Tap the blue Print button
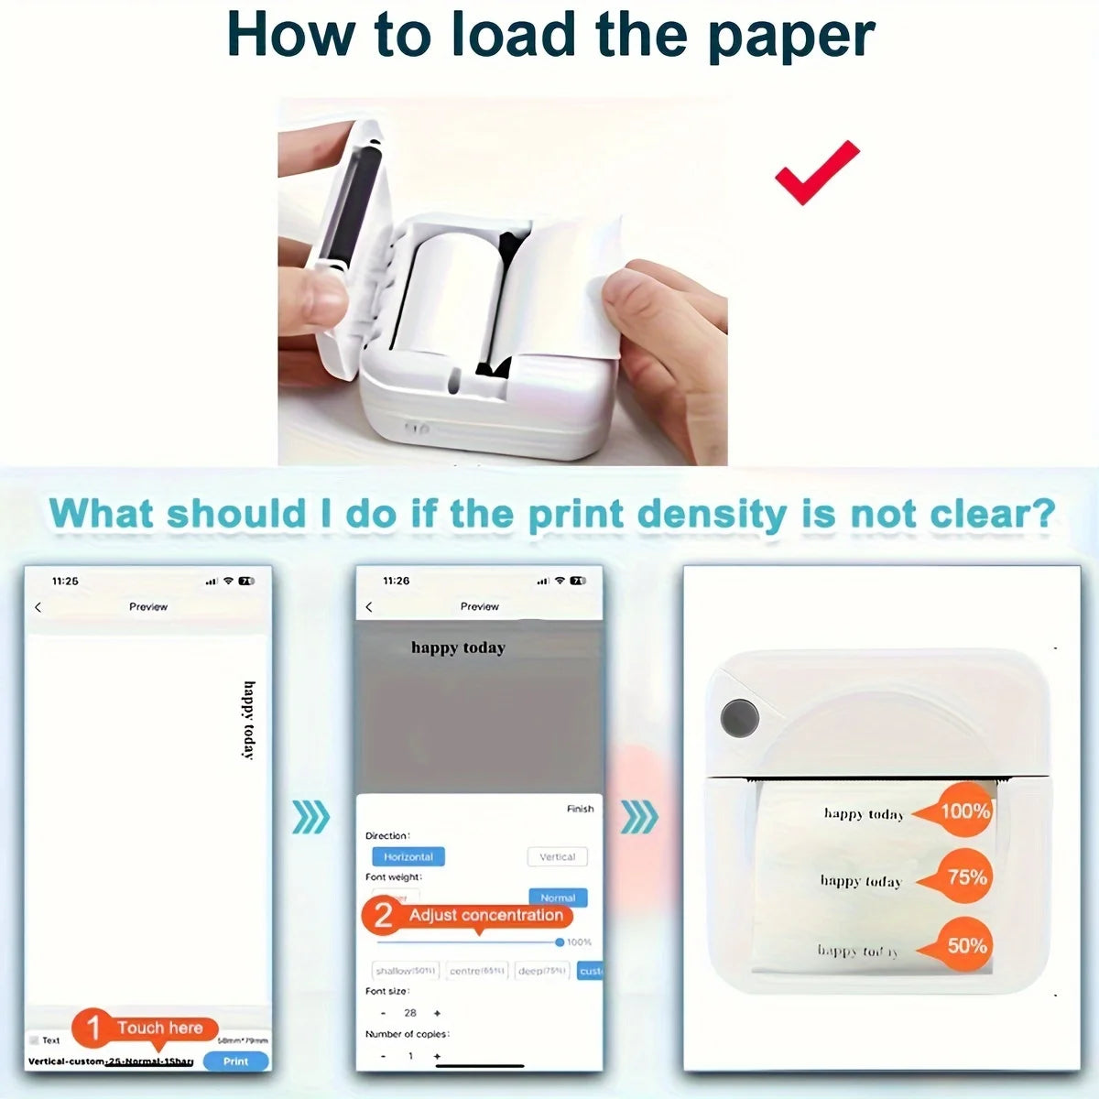pos(235,1061)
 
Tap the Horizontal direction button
pos(408,856)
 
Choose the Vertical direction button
pos(557,856)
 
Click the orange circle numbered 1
pos(92,1028)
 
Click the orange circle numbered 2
pos(384,915)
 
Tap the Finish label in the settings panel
pos(580,809)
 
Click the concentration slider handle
pos(560,942)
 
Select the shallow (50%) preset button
pos(406,971)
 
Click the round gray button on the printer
pos(739,717)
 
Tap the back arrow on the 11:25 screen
pos(38,607)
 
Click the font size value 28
pos(410,1013)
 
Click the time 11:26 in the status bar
pos(396,581)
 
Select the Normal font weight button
pos(558,897)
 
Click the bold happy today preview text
pos(458,647)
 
